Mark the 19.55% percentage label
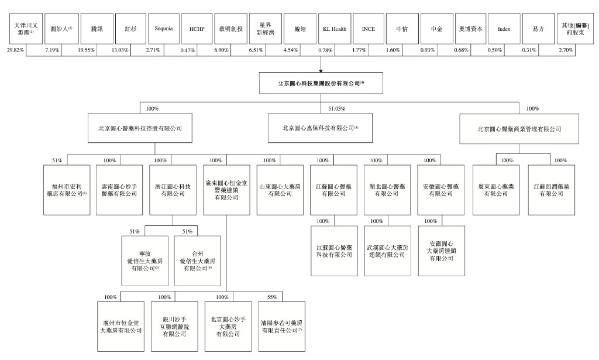87,50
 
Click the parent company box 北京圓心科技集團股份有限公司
321,83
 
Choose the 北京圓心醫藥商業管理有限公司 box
519,128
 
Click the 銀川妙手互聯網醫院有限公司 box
174,326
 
